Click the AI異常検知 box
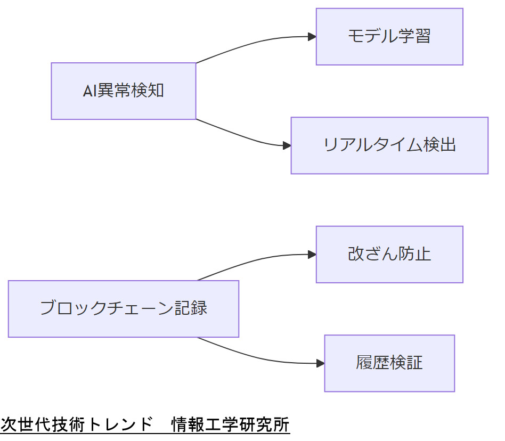click(124, 91)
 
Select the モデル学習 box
click(389, 37)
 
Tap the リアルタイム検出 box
click(389, 145)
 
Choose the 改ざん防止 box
click(389, 255)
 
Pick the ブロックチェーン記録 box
click(124, 309)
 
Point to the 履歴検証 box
click(389, 363)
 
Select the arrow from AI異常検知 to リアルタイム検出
click(245, 137)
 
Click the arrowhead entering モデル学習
click(312, 37)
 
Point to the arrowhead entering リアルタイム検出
click(287, 145)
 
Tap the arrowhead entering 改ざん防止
click(312, 255)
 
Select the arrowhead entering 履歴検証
click(321, 363)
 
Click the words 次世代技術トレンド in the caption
click(77, 425)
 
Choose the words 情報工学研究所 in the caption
click(230, 425)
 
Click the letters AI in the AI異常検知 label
click(89, 91)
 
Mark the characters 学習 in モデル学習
click(414, 37)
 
